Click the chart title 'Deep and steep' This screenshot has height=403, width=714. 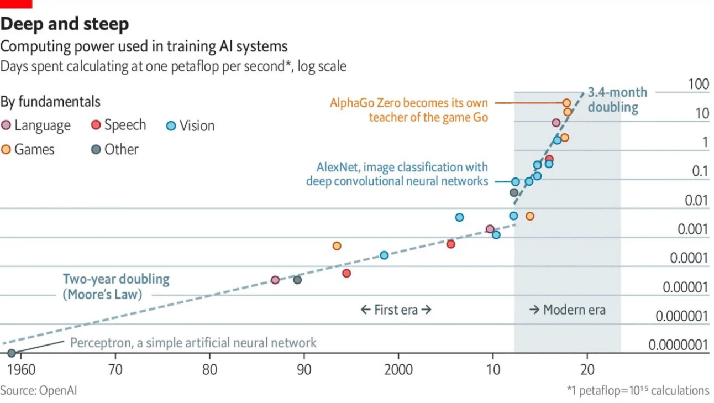[x=65, y=24]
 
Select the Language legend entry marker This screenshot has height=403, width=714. [x=7, y=125]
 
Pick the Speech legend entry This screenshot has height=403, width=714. [x=118, y=125]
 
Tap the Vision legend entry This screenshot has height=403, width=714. [x=191, y=126]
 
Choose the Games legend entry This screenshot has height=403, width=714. [x=28, y=149]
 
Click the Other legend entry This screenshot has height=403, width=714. [x=115, y=149]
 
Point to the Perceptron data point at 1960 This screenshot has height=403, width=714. [x=12, y=353]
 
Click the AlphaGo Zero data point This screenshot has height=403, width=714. [x=566, y=103]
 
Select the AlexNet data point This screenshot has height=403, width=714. [x=516, y=181]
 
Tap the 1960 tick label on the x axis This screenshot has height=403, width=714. [x=21, y=369]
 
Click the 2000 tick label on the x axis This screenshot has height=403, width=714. [x=398, y=369]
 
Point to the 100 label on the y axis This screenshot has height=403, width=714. [x=699, y=85]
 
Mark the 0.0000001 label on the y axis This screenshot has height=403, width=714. [x=678, y=346]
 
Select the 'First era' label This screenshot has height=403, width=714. [x=396, y=310]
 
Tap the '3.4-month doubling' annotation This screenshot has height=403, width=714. [x=616, y=100]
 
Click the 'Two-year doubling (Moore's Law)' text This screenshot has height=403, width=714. [x=116, y=286]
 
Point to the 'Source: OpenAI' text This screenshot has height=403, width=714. [x=38, y=390]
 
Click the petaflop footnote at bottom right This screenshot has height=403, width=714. [x=638, y=390]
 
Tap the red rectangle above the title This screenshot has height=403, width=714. [x=16, y=3]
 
